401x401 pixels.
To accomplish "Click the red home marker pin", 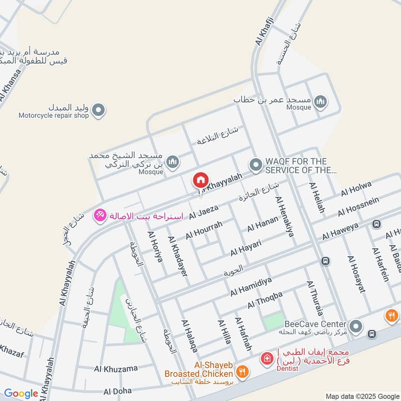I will [200, 179].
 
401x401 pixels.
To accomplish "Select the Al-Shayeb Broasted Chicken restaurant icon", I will [243, 371].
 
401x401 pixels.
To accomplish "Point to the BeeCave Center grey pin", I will [356, 326].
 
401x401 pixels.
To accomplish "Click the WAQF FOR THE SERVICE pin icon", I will [256, 164].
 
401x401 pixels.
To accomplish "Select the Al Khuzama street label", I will [116, 368].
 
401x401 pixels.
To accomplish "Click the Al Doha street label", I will [117, 390].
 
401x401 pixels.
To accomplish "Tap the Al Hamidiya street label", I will [251, 286].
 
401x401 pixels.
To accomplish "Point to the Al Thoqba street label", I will [265, 300].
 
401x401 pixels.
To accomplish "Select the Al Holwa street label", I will [356, 189].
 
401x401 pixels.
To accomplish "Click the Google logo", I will [21, 393].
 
